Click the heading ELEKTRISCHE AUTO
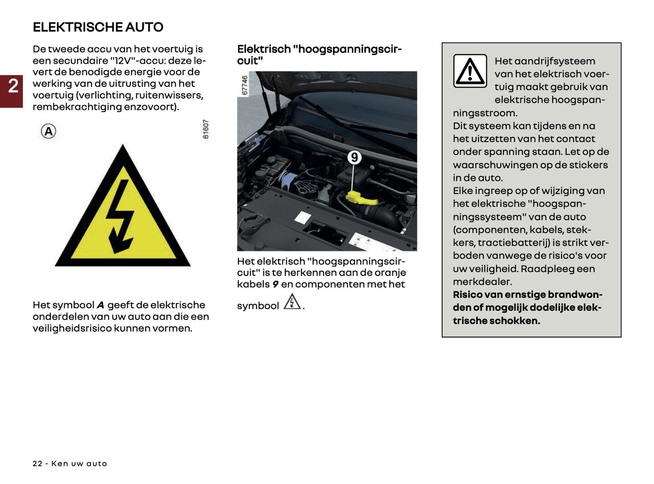pos(98,27)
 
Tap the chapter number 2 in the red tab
pos(13,86)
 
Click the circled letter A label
pos(48,131)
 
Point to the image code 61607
pos(206,129)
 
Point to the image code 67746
pos(244,85)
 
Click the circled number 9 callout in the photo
pos(354,157)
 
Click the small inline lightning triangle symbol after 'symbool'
pos(292,302)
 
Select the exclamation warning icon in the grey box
pos(470,71)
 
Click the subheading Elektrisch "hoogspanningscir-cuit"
pos(319,55)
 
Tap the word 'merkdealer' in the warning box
pos(482,281)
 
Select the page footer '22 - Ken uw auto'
pos(70,464)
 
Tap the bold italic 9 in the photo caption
pos(275,285)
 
